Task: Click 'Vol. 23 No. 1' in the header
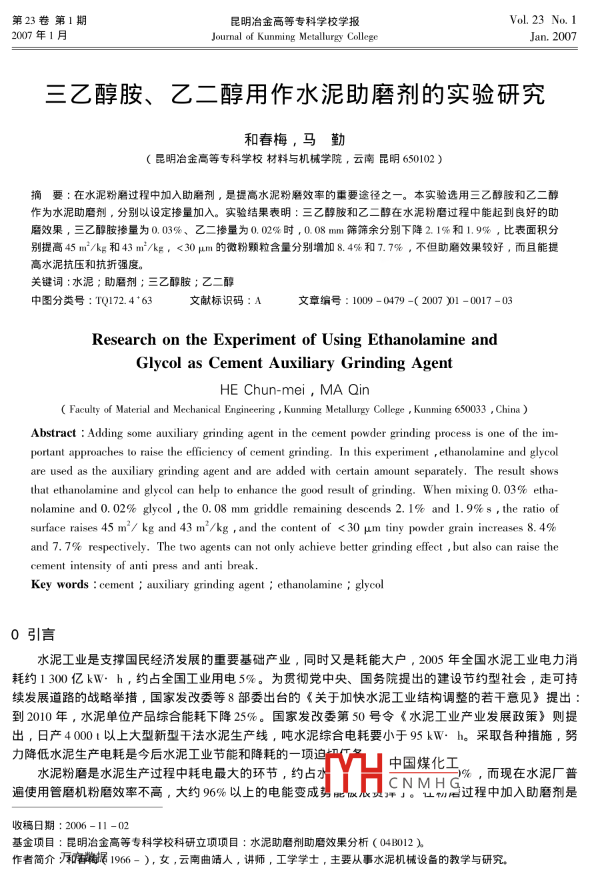543,21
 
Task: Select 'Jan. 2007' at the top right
553,37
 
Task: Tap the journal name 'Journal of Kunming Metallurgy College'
295,37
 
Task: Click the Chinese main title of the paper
295,95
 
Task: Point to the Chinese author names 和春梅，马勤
295,139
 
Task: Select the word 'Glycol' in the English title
159,363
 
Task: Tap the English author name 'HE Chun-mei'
262,390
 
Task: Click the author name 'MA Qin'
345,390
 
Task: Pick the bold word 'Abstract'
53,433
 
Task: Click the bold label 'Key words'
59,585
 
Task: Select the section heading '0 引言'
33,635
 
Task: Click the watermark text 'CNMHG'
424,783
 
